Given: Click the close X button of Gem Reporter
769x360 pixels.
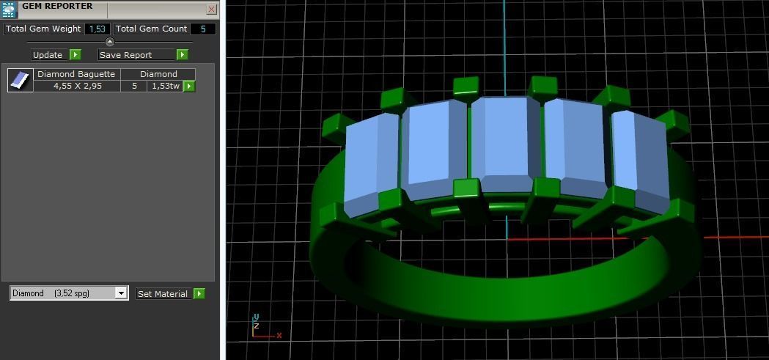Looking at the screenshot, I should click(211, 9).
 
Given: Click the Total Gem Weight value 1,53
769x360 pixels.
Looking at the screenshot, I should click(97, 29).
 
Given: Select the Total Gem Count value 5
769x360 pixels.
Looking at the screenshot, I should click(203, 29).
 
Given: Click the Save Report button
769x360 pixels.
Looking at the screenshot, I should click(136, 55).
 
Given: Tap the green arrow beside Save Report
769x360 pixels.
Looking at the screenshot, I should click(183, 55).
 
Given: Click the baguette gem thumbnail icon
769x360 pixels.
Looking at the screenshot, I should click(21, 80).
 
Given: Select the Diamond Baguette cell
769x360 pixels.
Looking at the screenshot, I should click(76, 74).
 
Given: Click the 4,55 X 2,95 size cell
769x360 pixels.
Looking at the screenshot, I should click(77, 86).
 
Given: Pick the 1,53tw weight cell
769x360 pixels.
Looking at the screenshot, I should click(164, 86).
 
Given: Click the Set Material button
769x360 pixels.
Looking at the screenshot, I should click(163, 294).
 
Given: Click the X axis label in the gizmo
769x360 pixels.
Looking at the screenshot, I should click(279, 335).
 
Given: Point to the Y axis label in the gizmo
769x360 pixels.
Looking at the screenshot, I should click(256, 317).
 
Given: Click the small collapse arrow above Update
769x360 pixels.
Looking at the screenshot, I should click(110, 42).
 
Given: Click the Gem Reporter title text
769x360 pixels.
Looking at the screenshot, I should click(57, 7).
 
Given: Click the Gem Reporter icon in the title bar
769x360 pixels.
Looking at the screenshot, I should click(9, 9).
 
